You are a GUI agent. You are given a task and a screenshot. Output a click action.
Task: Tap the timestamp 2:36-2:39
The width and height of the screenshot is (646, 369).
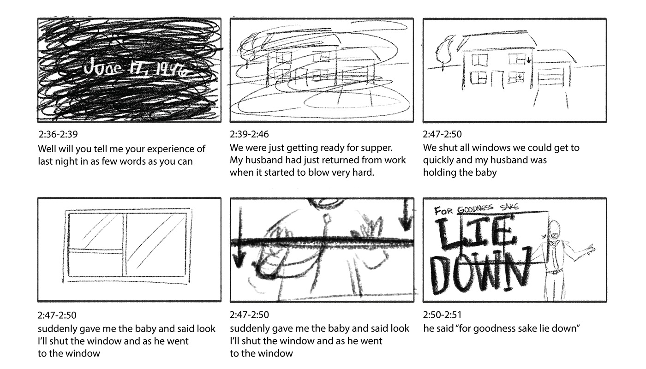pos(58,135)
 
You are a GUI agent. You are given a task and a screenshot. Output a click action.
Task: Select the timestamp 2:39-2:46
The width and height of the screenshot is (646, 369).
pos(249,135)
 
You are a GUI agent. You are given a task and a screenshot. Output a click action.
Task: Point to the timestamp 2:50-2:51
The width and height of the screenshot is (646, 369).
pos(442,315)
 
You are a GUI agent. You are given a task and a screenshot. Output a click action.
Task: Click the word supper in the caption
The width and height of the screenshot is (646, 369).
pos(376,148)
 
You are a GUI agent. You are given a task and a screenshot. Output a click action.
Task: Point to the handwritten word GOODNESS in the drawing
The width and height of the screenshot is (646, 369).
pos(478,208)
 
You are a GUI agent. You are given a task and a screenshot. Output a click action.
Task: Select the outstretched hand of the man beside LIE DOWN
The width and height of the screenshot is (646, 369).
pos(588,250)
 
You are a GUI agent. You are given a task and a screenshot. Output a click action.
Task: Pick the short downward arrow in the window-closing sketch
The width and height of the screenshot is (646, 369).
pos(406,216)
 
